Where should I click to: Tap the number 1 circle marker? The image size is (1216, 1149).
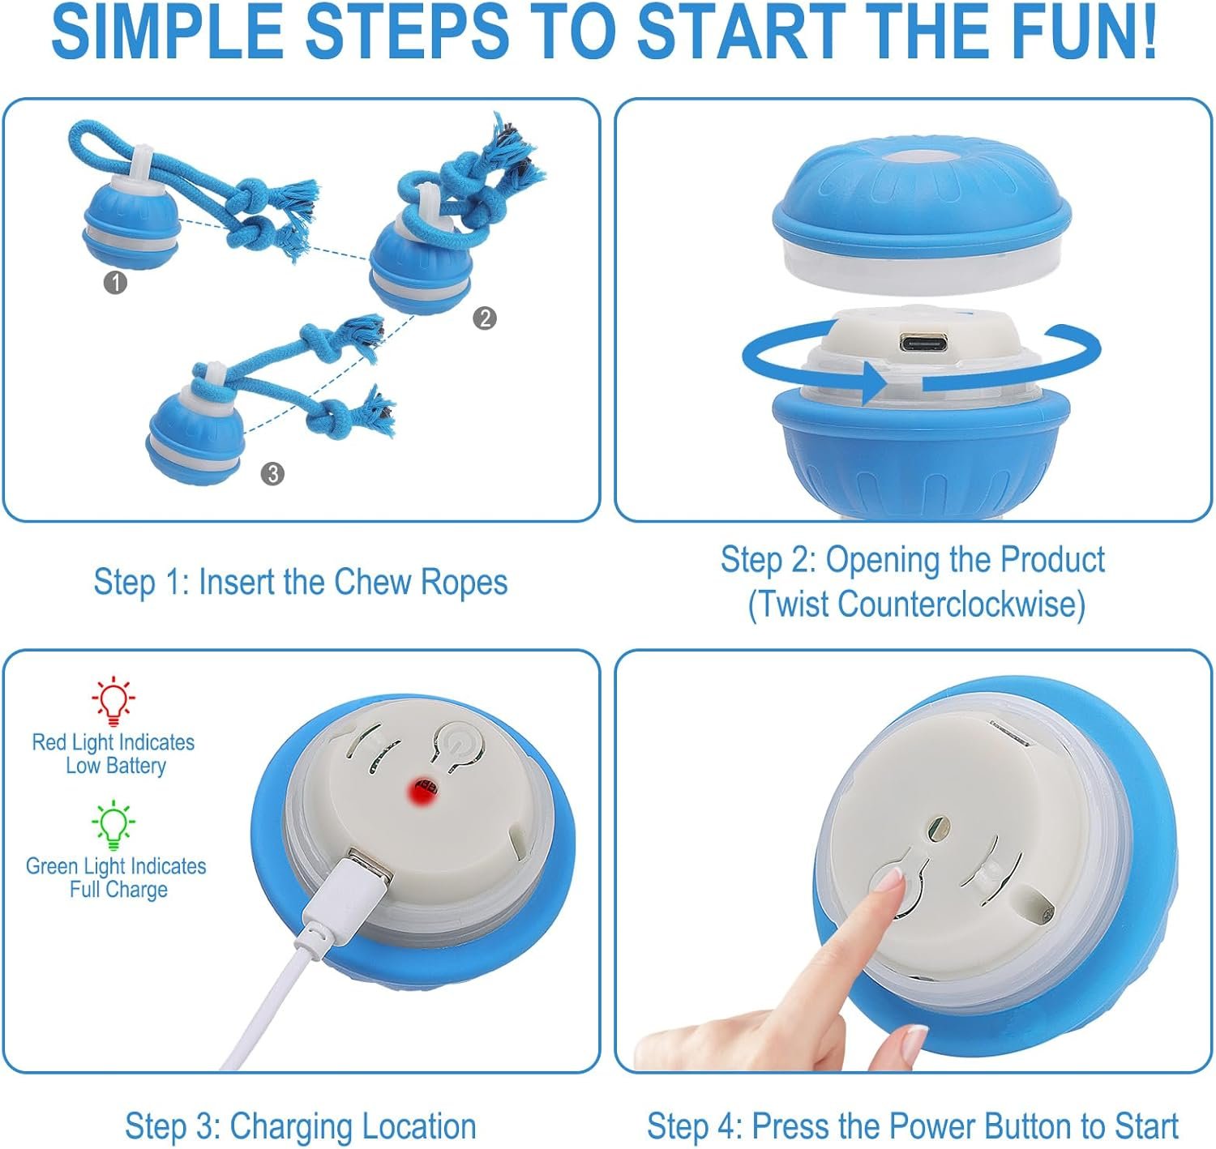pyautogui.click(x=115, y=283)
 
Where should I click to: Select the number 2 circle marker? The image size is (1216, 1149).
pyautogui.click(x=484, y=318)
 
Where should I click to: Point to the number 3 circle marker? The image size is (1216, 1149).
pyautogui.click(x=272, y=474)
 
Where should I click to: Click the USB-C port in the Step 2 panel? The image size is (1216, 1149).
pyautogui.click(x=923, y=342)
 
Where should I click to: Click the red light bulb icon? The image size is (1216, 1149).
pyautogui.click(x=113, y=701)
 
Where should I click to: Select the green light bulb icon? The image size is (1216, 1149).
pyautogui.click(x=113, y=824)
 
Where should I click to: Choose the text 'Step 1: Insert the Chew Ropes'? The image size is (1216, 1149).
pyautogui.click(x=301, y=582)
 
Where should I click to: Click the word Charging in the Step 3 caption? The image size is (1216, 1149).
pyautogui.click(x=291, y=1127)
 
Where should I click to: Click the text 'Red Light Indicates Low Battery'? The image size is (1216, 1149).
pyautogui.click(x=113, y=754)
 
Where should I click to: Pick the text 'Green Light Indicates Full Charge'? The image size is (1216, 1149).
pyautogui.click(x=116, y=877)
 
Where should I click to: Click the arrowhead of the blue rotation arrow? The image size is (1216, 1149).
pyautogui.click(x=876, y=384)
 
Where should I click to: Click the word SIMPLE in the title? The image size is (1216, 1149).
pyautogui.click(x=168, y=32)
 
